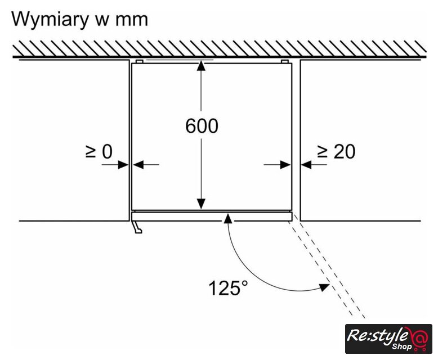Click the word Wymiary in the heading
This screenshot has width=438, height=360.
tap(49, 20)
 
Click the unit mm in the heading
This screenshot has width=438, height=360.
tap(132, 21)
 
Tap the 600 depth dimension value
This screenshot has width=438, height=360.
tap(202, 126)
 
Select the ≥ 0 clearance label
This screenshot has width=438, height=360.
tap(99, 152)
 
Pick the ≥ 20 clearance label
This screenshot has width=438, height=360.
tap(336, 152)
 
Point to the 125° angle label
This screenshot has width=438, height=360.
tap(228, 288)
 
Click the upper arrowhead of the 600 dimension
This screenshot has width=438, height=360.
tap(201, 66)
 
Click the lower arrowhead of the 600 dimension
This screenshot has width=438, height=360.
tap(201, 204)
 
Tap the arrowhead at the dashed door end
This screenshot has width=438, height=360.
tap(324, 287)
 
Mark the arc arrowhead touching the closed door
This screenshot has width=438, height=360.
tap(228, 218)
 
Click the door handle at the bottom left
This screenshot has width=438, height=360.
tap(137, 227)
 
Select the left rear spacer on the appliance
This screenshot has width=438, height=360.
tap(140, 61)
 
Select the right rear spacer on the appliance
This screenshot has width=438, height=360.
tap(285, 61)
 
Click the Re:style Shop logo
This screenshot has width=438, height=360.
tap(388, 339)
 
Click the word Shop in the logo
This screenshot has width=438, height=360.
tap(401, 346)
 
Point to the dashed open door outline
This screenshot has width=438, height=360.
tap(328, 269)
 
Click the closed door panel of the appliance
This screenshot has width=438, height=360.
tap(212, 216)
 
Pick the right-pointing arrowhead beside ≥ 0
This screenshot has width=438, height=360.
tap(123, 165)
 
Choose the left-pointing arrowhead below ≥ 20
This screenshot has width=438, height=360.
tap(306, 165)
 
